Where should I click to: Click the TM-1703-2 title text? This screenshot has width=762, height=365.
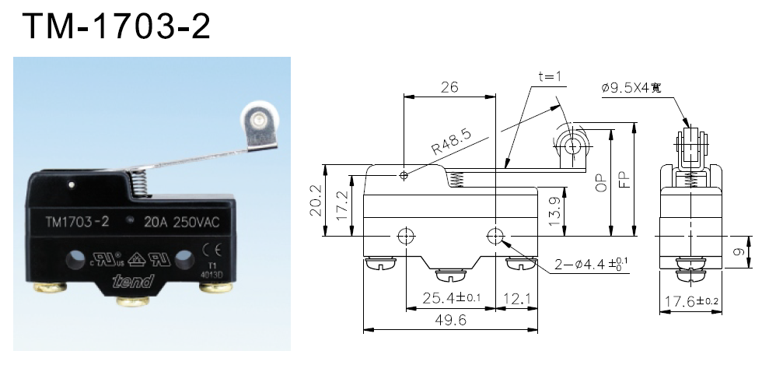point(117,26)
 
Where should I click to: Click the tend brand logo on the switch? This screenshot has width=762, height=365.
point(131,280)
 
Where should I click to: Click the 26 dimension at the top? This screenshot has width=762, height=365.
point(449,87)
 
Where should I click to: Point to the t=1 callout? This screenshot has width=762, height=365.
point(550,77)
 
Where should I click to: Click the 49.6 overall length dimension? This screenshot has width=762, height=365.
point(450,320)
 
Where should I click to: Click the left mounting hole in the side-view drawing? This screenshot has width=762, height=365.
point(405,235)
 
